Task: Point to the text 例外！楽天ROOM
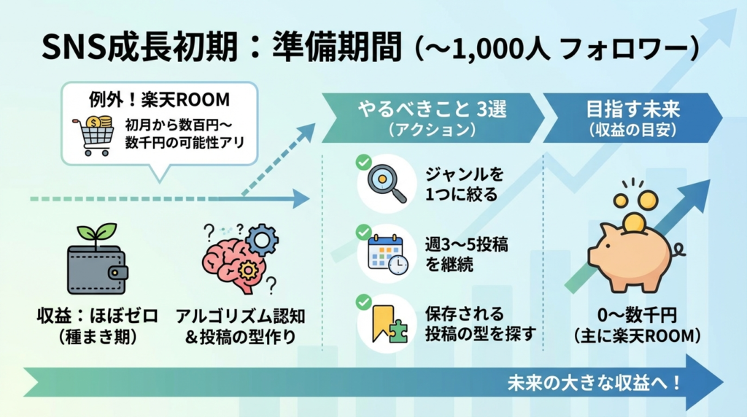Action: point(159,98)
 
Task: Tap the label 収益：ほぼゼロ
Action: point(97,316)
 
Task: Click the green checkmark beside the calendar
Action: point(363,233)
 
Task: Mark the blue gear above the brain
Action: point(263,238)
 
